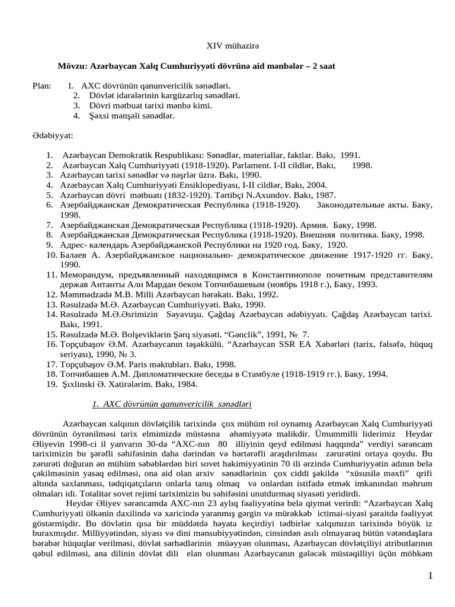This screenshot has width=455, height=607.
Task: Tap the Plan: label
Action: [x=43, y=85]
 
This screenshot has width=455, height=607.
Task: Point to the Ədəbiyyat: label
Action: [x=53, y=136]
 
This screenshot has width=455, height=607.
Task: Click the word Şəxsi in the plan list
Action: [x=92, y=116]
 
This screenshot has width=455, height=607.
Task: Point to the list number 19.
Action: [x=50, y=384]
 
